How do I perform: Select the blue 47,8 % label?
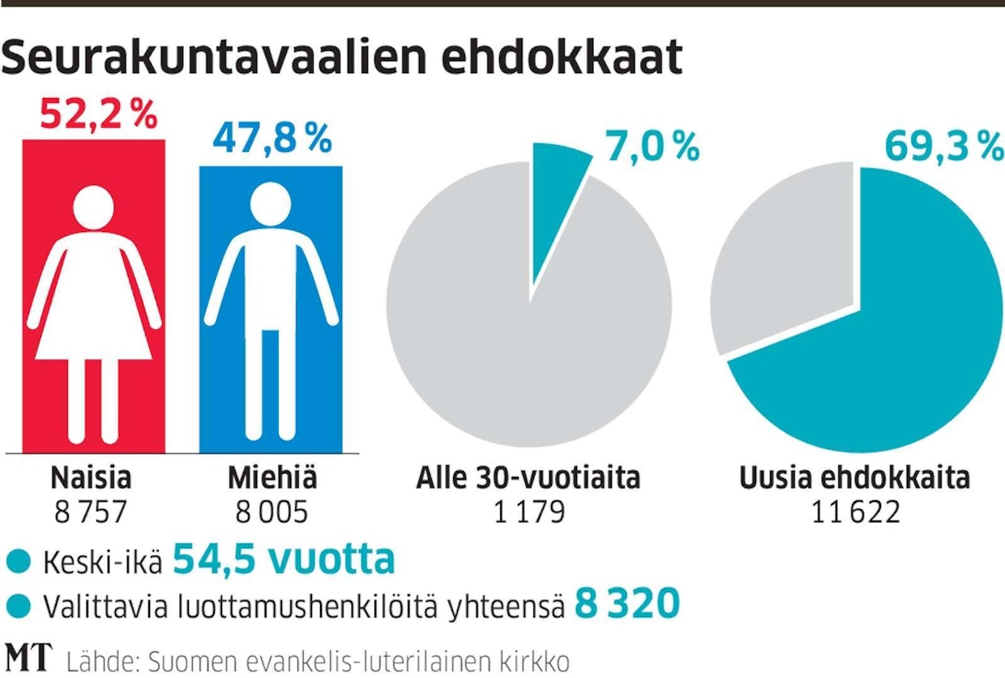(272, 139)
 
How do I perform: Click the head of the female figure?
(94, 208)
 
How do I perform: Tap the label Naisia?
(91, 478)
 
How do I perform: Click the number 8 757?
(91, 513)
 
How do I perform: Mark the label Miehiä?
(272, 478)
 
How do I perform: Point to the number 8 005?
(272, 513)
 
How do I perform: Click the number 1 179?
(528, 513)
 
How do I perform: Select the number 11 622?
(854, 513)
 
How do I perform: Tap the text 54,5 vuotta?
(284, 560)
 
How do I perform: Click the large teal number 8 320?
(627, 604)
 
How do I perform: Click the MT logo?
(29, 658)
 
